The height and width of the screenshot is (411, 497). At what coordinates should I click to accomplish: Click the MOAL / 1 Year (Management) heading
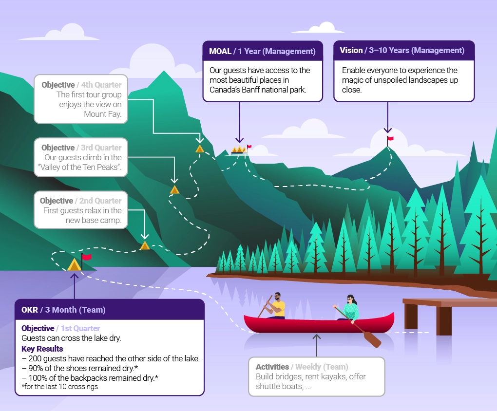pyautogui.click(x=262, y=51)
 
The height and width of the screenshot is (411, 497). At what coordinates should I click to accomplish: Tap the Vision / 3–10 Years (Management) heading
pyautogui.click(x=402, y=50)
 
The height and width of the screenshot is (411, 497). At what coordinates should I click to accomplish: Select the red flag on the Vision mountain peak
pyautogui.click(x=390, y=138)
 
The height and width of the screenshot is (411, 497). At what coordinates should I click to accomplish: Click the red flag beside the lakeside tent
pyautogui.click(x=87, y=257)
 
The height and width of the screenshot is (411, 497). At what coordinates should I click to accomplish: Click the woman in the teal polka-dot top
pyautogui.click(x=350, y=307)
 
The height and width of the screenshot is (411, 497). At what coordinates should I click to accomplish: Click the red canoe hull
pyautogui.click(x=319, y=324)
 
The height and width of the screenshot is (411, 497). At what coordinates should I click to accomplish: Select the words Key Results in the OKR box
pyautogui.click(x=42, y=349)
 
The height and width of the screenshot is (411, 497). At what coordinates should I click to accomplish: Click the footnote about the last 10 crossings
pyautogui.click(x=60, y=387)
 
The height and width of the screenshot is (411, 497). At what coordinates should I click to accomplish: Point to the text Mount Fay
pyautogui.click(x=102, y=114)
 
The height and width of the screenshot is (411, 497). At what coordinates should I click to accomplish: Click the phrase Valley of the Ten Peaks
pyautogui.click(x=79, y=167)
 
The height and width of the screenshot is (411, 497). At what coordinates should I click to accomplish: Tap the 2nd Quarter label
pyautogui.click(x=100, y=201)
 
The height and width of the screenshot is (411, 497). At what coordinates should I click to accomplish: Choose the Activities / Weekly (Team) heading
pyautogui.click(x=302, y=367)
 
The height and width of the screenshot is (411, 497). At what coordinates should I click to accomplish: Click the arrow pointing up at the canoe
pyautogui.click(x=316, y=345)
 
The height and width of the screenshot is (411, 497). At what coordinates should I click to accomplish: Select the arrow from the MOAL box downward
pyautogui.click(x=240, y=122)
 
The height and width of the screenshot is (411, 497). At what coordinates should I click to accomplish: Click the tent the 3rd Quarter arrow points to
pyautogui.click(x=174, y=189)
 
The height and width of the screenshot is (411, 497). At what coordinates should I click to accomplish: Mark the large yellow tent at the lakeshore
pyautogui.click(x=75, y=265)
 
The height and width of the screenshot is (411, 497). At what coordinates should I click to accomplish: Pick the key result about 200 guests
pyautogui.click(x=111, y=359)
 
